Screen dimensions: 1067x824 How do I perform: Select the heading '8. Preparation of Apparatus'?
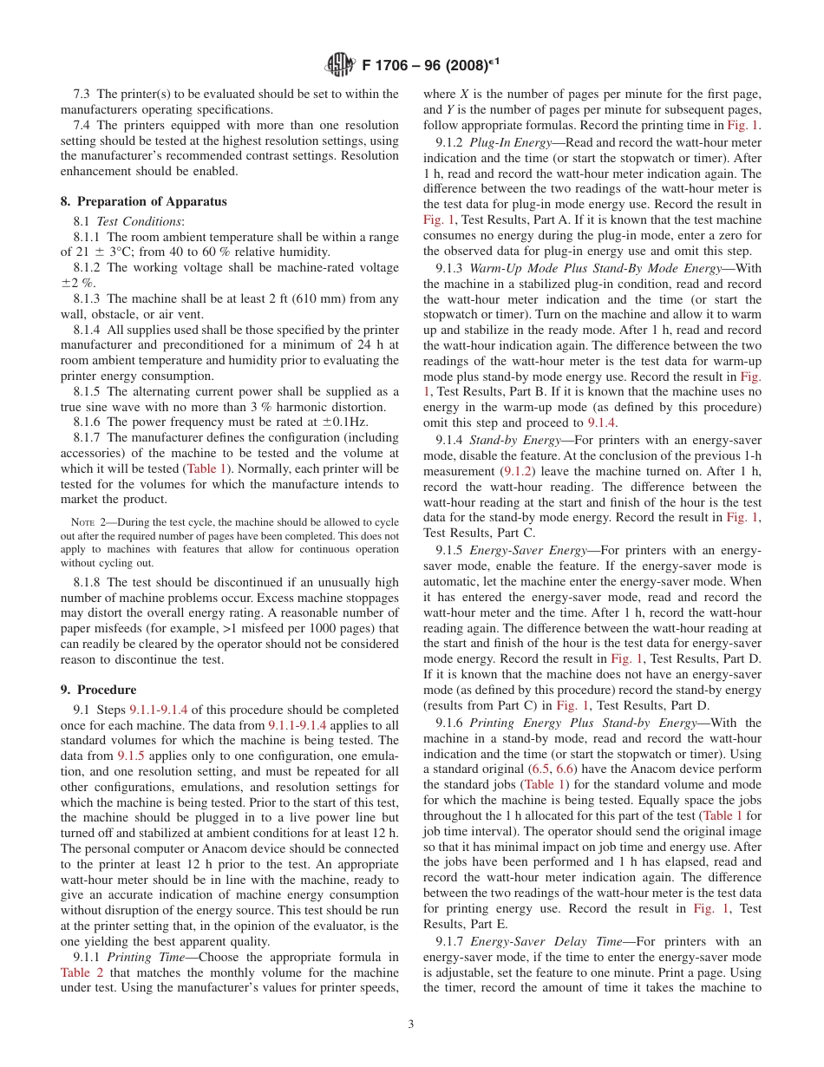[x=143, y=201]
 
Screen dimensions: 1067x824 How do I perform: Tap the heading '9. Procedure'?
[x=98, y=690]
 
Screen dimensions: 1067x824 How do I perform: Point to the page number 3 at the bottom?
[x=411, y=1024]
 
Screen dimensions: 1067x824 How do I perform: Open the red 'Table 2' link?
[x=82, y=972]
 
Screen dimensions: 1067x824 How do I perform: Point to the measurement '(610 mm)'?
[x=309, y=299]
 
